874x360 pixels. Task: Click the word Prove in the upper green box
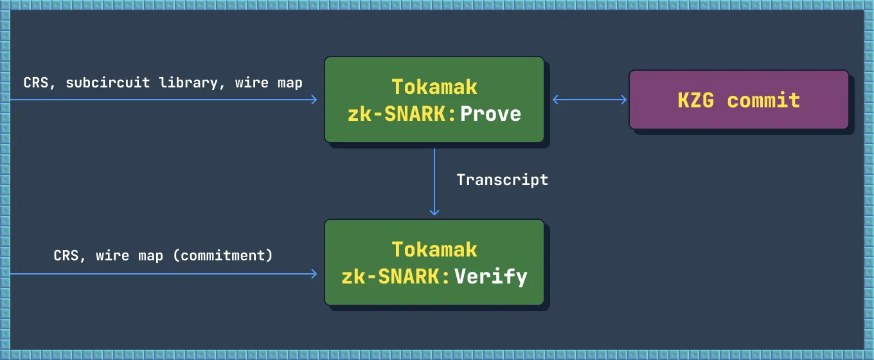coord(490,114)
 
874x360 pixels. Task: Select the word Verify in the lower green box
coord(491,276)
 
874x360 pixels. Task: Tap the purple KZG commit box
coord(738,100)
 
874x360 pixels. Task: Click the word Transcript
coord(503,180)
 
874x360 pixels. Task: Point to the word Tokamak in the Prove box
coord(434,86)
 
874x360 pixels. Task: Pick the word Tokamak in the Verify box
coord(434,249)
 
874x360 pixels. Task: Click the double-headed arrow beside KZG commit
coord(590,100)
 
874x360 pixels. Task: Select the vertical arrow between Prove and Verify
coord(434,180)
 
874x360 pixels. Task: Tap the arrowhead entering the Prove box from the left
coord(314,100)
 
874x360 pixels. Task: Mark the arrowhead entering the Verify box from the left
coord(314,274)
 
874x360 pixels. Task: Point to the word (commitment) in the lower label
coord(223,255)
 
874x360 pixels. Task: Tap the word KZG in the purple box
coord(695,100)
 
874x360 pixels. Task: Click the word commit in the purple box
coord(763,100)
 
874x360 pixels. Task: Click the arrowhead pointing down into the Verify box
coord(434,212)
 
